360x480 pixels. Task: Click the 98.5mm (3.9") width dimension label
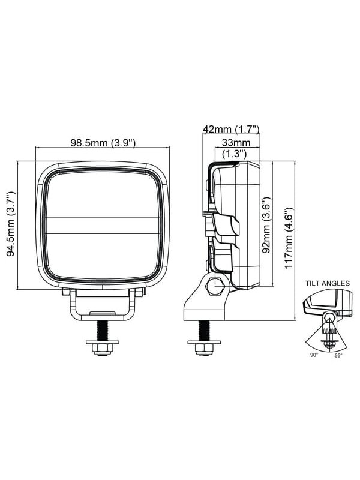[103, 143]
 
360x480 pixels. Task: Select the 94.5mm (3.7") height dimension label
[11, 224]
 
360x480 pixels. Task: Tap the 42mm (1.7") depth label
[232, 130]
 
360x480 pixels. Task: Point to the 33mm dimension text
[236, 142]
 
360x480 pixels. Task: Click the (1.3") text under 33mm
[235, 153]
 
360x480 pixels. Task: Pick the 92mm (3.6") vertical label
[266, 224]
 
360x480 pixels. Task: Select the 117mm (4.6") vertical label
[289, 238]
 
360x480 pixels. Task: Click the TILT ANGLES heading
[327, 283]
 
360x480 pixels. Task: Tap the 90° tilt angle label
[314, 355]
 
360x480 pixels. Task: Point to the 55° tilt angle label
[338, 355]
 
